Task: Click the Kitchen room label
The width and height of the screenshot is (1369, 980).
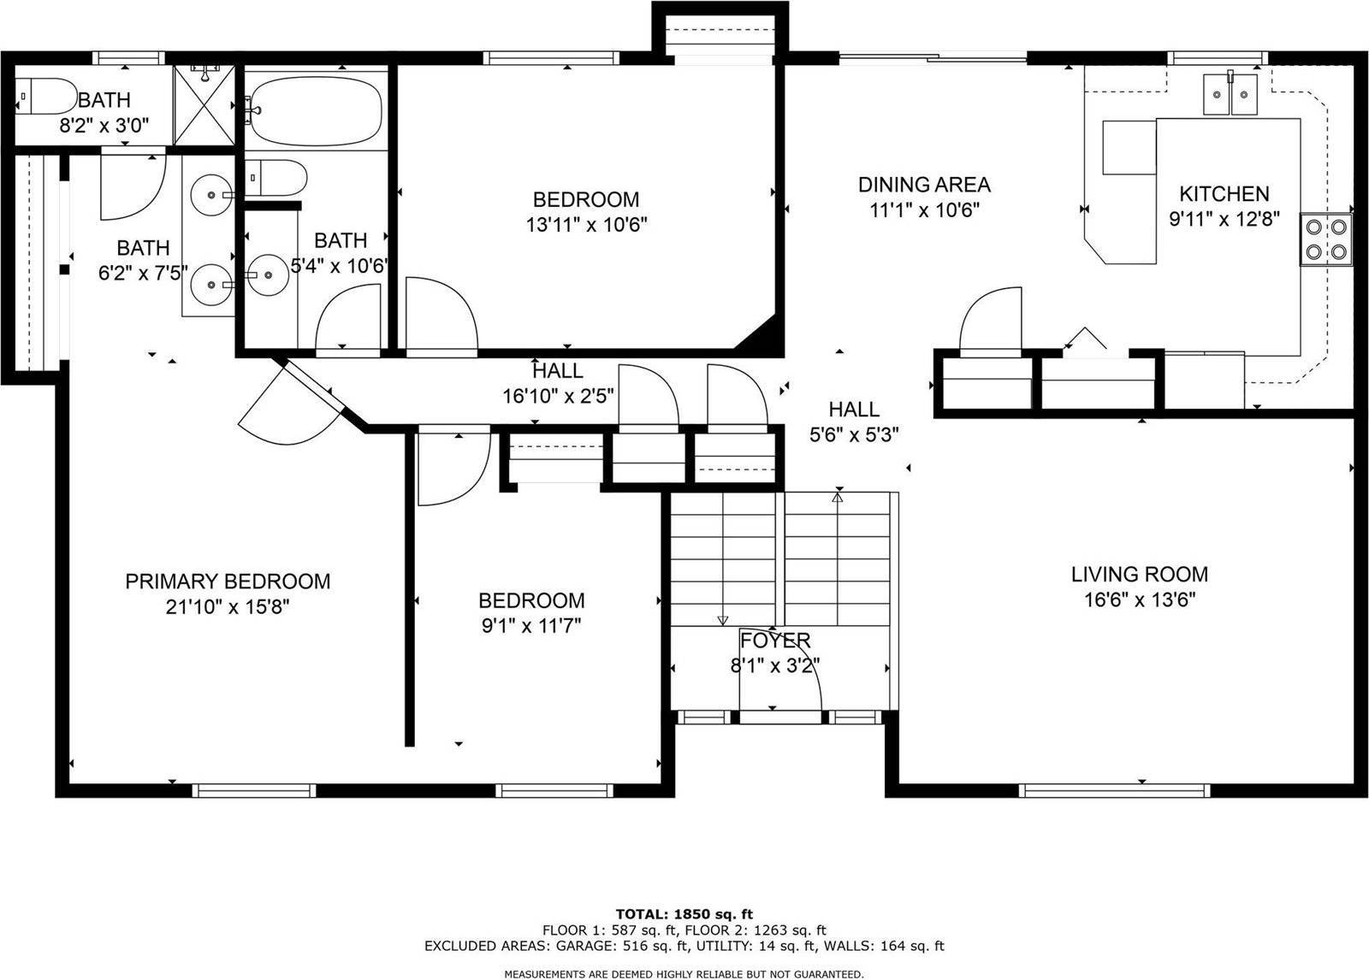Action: click(1224, 193)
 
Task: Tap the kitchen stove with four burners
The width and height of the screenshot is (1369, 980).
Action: click(1325, 239)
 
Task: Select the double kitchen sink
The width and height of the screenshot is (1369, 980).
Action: click(1230, 94)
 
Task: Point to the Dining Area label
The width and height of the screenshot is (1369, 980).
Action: click(924, 185)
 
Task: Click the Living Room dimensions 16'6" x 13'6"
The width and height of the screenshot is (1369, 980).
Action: click(1140, 600)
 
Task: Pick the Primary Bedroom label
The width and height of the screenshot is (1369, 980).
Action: click(228, 581)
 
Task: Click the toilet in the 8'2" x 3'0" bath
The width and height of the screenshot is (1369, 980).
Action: click(46, 96)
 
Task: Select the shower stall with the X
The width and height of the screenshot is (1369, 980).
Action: click(204, 106)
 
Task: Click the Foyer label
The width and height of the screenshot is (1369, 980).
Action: click(775, 641)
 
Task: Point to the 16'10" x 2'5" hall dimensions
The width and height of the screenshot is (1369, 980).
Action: click(558, 397)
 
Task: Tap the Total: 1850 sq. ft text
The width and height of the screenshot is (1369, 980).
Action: click(684, 915)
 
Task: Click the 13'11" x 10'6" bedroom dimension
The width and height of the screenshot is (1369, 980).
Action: click(586, 225)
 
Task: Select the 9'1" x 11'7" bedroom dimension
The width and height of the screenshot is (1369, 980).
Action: click(531, 626)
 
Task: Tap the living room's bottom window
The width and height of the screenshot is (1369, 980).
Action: click(1114, 791)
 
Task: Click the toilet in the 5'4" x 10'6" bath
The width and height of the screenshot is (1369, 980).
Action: click(276, 178)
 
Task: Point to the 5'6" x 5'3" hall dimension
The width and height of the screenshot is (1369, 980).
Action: click(854, 435)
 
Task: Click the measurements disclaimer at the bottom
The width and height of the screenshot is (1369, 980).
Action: click(684, 975)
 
